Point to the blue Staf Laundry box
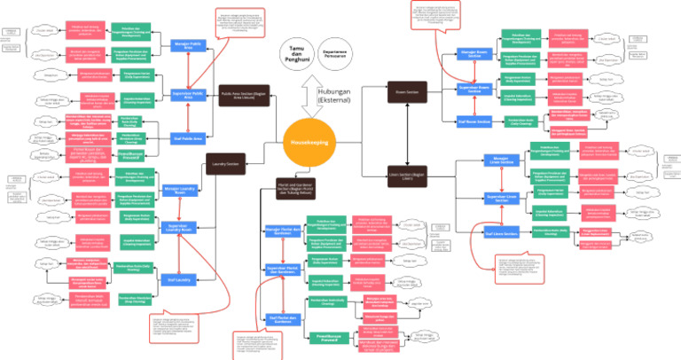pos(181,278)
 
